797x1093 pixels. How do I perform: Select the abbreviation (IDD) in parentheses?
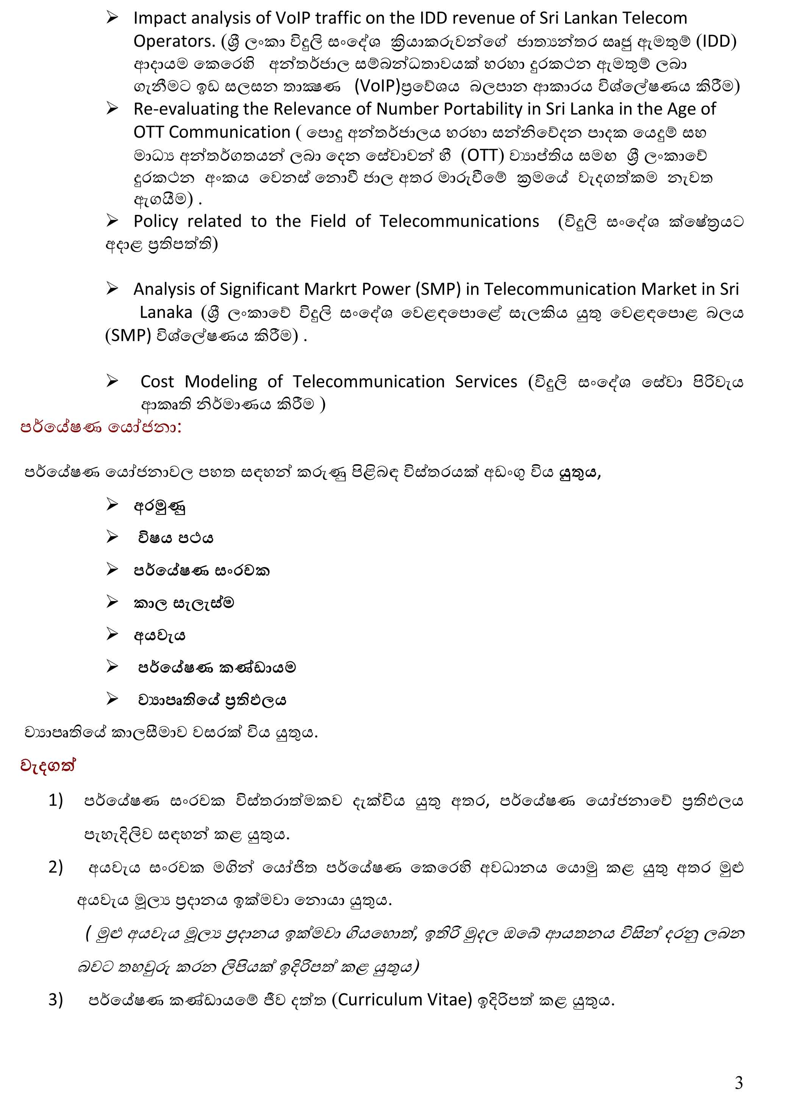(x=716, y=42)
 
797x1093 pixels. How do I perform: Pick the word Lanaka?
(x=166, y=312)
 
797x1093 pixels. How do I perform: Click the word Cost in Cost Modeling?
(x=157, y=381)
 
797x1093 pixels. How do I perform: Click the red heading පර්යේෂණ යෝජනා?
(x=101, y=427)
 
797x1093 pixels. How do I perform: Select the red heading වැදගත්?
(x=48, y=766)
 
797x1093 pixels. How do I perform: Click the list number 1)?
(x=56, y=800)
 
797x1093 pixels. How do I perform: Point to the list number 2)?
(x=56, y=867)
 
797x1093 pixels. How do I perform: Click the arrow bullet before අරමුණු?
(x=113, y=505)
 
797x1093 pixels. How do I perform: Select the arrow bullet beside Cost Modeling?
(x=113, y=381)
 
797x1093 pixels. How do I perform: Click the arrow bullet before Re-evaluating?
(x=113, y=109)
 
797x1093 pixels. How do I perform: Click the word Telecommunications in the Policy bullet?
(x=459, y=221)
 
